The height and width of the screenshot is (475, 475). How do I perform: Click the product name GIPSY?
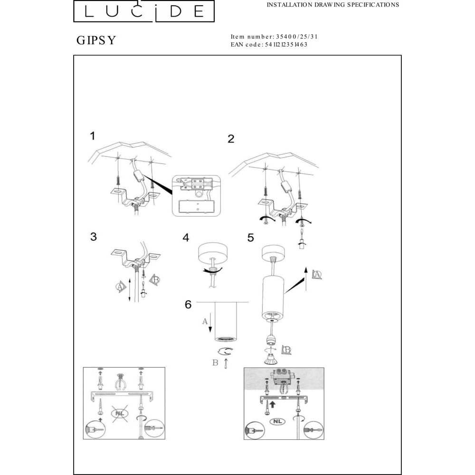(96, 40)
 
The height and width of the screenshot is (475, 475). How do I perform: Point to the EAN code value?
(287, 44)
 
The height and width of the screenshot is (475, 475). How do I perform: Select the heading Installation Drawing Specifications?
(332, 5)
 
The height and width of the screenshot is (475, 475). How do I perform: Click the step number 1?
(93, 136)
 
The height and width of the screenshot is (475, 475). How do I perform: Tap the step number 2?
(231, 139)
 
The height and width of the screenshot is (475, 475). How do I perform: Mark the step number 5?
(250, 237)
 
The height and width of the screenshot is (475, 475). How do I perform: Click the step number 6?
(188, 304)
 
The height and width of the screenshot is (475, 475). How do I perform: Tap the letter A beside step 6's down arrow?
(205, 321)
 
